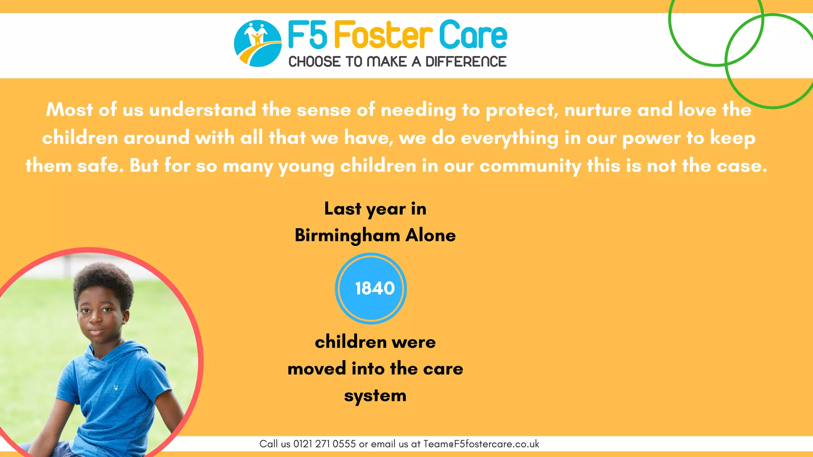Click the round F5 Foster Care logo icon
(258, 43)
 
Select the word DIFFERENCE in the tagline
(466, 62)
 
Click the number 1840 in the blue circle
(375, 288)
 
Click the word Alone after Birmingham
(431, 235)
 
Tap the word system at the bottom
(375, 396)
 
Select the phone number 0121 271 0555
(324, 444)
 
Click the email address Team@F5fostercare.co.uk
(481, 444)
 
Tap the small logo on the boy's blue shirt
(116, 387)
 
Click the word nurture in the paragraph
(598, 110)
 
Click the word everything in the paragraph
(510, 138)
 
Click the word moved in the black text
(317, 369)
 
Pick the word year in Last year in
(386, 209)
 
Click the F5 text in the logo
(308, 35)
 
